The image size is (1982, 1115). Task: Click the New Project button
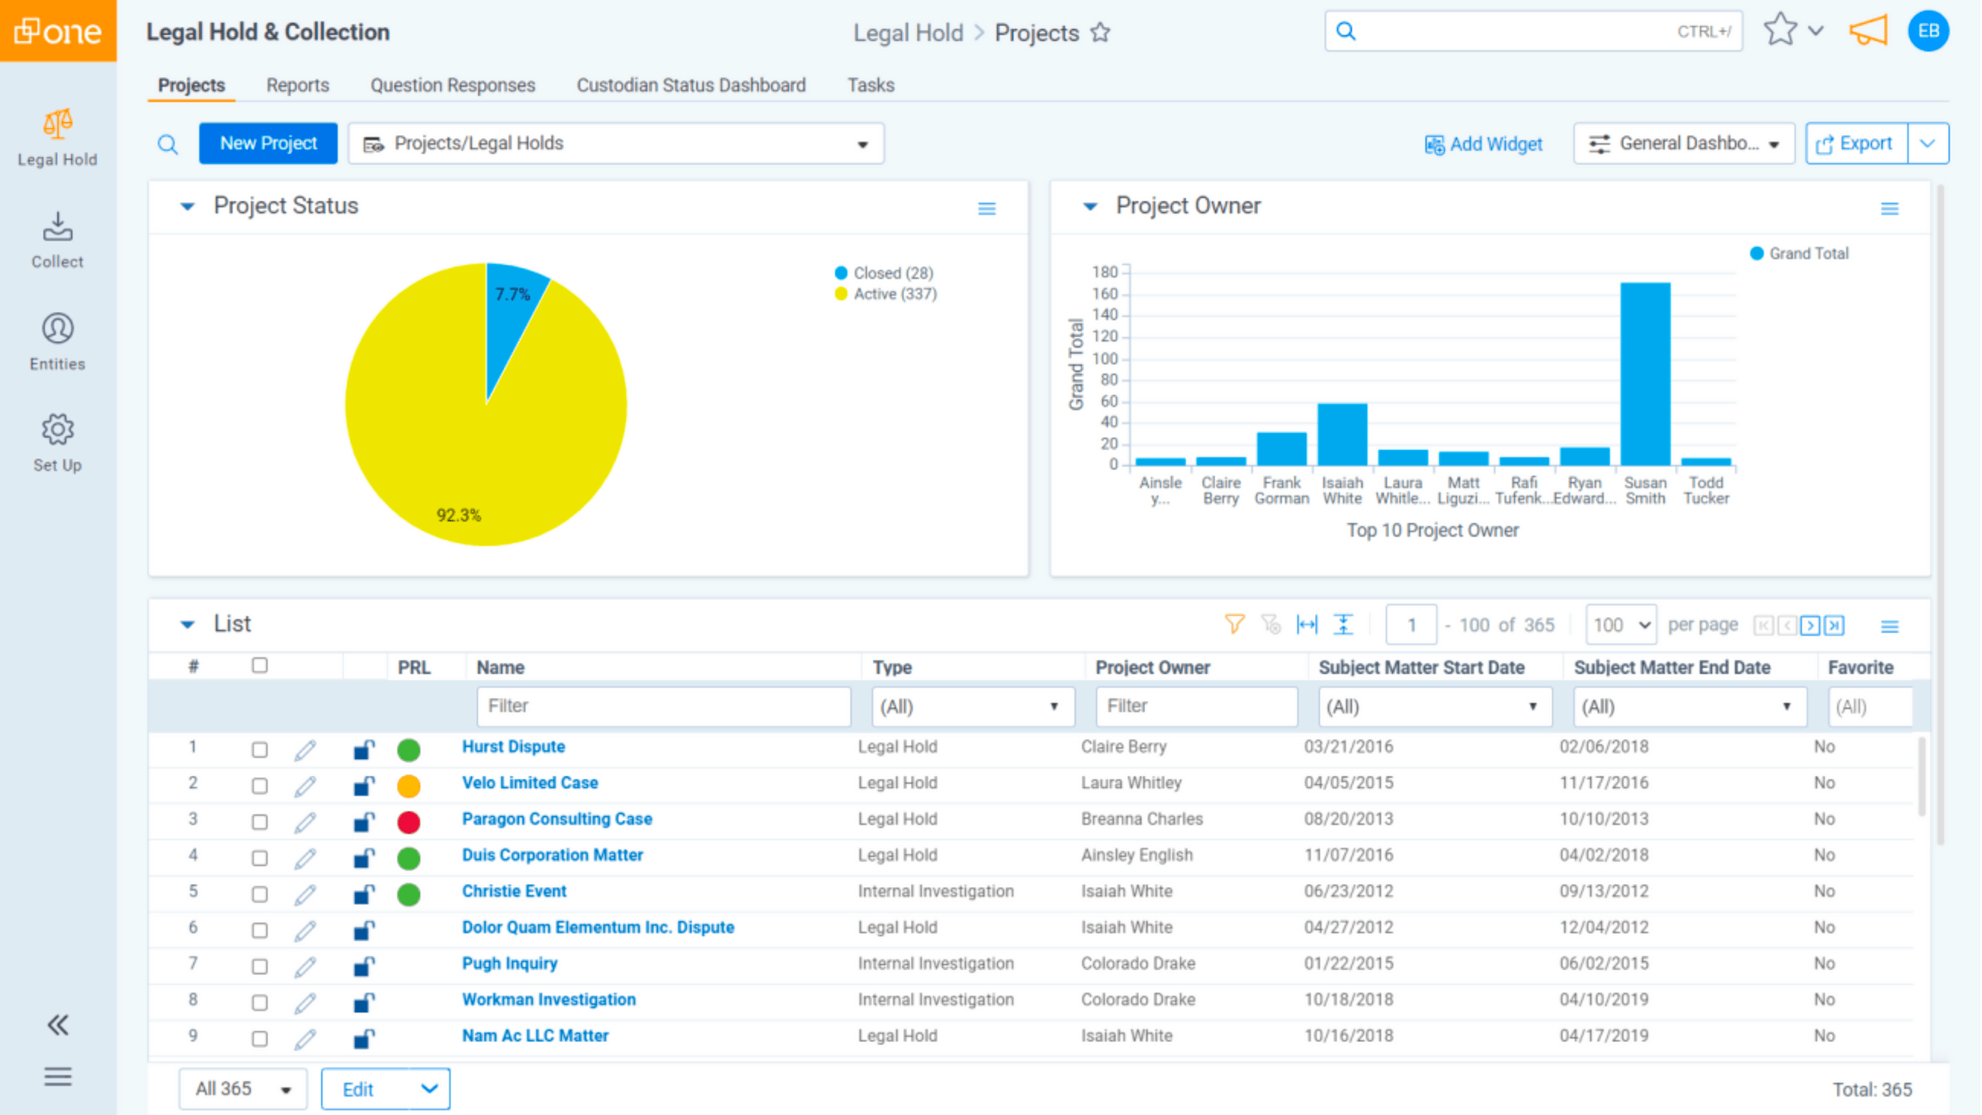click(x=268, y=143)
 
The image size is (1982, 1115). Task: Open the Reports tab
click(x=297, y=85)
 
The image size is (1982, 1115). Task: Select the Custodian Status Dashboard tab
click(x=691, y=85)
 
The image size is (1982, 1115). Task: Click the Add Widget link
click(x=1484, y=144)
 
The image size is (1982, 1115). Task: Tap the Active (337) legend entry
click(x=894, y=294)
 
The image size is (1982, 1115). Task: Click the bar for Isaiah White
click(x=1342, y=434)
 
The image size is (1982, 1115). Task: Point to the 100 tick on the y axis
click(x=1105, y=358)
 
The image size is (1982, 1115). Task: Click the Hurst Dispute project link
click(x=513, y=747)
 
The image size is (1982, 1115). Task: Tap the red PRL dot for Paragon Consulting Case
click(x=409, y=822)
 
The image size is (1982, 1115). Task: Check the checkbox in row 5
click(x=260, y=894)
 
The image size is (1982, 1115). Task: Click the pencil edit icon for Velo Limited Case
click(x=306, y=786)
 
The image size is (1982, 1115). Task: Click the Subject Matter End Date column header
click(x=1671, y=667)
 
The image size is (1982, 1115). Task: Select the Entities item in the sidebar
click(x=58, y=342)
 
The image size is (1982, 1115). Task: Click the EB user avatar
click(x=1927, y=31)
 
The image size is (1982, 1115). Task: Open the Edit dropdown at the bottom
click(x=386, y=1089)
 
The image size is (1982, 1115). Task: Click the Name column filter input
click(x=663, y=706)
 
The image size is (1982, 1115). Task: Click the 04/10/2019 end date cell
click(x=1603, y=1000)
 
